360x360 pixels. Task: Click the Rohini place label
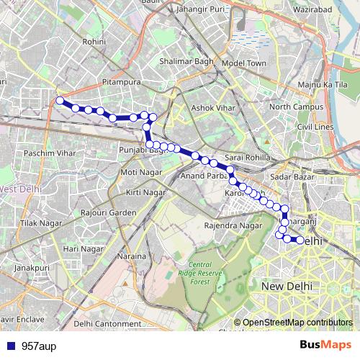(94, 42)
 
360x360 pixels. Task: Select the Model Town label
(244, 63)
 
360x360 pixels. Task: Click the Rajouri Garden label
(109, 213)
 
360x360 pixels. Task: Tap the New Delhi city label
(287, 286)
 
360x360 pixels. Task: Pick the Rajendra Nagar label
(233, 226)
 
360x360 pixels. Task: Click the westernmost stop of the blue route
(60, 101)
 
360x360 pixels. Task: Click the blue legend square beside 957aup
(9, 346)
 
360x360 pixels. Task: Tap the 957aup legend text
(39, 346)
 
